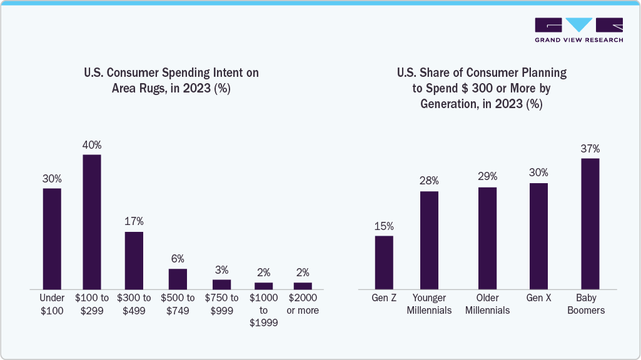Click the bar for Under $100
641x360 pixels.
[x=52, y=238]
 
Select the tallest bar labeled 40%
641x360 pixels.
[x=92, y=221]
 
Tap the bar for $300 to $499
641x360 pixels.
[x=134, y=260]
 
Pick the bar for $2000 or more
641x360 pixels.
[x=303, y=286]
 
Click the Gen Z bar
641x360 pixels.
[x=384, y=262]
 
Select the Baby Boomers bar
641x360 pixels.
[x=590, y=223]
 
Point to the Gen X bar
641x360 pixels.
[x=538, y=236]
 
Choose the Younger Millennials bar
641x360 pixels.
[x=429, y=240]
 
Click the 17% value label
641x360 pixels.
[x=134, y=221]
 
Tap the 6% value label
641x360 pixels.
[x=178, y=258]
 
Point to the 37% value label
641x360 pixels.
[x=590, y=148]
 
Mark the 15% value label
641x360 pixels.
[x=384, y=226]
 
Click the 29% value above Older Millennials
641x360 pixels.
[x=487, y=177]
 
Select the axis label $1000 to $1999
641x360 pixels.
[x=263, y=310]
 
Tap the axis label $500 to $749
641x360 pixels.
[x=178, y=304]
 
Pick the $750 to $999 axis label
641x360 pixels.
[x=221, y=304]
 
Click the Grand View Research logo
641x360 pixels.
[x=578, y=30]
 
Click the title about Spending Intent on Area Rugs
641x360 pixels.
[x=171, y=81]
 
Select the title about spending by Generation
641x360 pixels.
[x=481, y=88]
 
